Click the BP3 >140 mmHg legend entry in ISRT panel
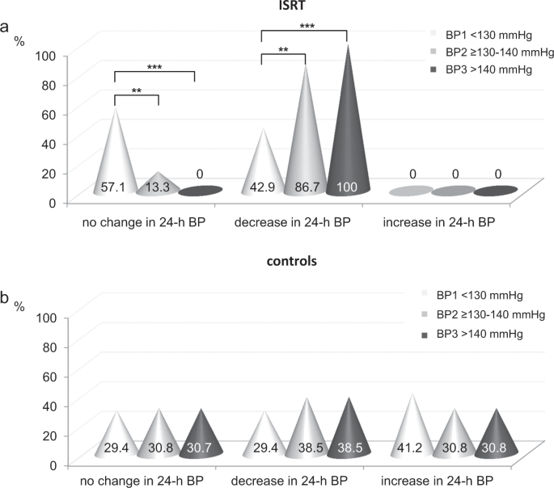pyautogui.click(x=487, y=70)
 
